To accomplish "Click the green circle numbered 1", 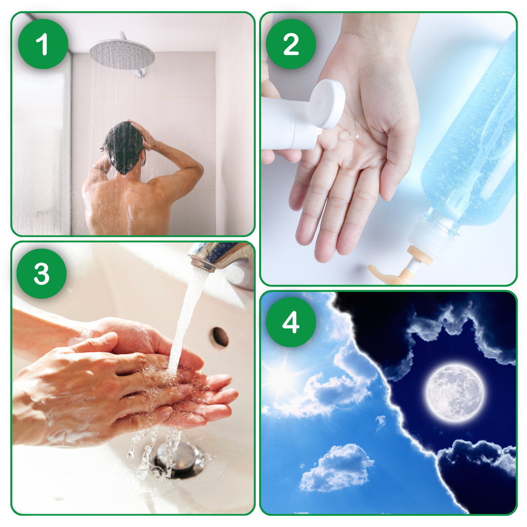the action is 43,44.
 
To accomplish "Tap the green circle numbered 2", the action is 291,44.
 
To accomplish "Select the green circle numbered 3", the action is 41,274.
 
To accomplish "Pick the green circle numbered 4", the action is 291,322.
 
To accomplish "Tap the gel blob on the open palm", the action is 345,136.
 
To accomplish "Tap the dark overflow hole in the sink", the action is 221,337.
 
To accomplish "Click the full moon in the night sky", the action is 455,393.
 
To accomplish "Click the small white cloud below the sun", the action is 336,467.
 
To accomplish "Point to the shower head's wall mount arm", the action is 141,72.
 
